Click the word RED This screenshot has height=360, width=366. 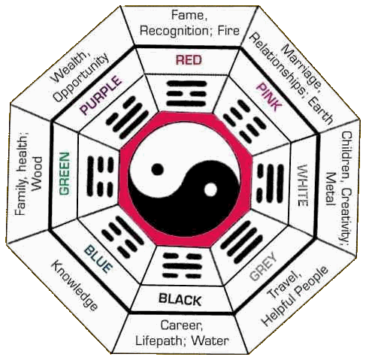(189, 60)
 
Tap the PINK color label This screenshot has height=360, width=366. (268, 97)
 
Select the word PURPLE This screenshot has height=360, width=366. (101, 95)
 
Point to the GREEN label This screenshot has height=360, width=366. (64, 174)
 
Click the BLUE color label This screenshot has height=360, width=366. (98, 259)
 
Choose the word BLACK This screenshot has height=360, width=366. (180, 299)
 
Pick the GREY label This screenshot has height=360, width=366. (264, 267)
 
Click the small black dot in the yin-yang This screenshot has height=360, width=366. (158, 169)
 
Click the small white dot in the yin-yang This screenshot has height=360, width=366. (210, 189)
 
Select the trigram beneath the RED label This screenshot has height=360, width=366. (186, 93)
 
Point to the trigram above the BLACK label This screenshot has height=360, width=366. (182, 266)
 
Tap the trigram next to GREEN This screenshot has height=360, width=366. (100, 176)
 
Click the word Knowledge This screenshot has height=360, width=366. (74, 286)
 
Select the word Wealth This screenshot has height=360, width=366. (68, 67)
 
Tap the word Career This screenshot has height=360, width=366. (182, 325)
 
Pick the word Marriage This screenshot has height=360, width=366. (301, 65)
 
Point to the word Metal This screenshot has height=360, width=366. (331, 189)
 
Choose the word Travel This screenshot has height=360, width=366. (284, 284)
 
